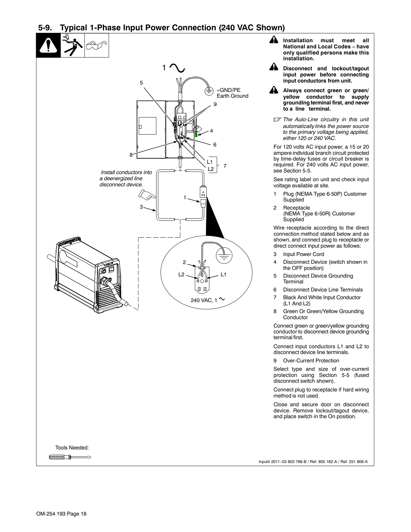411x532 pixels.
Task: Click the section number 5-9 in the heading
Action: click(45, 28)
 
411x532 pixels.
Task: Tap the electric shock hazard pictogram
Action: click(73, 45)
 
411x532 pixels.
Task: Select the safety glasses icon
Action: click(97, 45)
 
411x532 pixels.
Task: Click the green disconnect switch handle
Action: click(196, 134)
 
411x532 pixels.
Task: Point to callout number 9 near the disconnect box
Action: click(215, 104)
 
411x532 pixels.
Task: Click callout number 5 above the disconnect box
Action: click(141, 83)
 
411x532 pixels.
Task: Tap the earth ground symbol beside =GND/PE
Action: click(209, 91)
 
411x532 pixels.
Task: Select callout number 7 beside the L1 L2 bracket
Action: click(225, 166)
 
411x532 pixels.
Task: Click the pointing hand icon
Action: click(147, 195)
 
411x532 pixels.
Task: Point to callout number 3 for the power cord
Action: click(141, 207)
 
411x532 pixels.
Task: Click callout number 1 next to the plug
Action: click(185, 197)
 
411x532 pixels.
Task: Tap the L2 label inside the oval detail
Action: click(181, 274)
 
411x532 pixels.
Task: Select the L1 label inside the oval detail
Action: click(223, 274)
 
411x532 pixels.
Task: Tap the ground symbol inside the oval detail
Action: click(224, 255)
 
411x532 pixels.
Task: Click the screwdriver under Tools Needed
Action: click(70, 457)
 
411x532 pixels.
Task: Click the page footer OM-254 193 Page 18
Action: click(62, 514)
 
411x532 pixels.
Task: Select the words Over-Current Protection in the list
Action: click(311, 360)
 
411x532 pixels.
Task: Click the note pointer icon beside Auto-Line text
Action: click(277, 120)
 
